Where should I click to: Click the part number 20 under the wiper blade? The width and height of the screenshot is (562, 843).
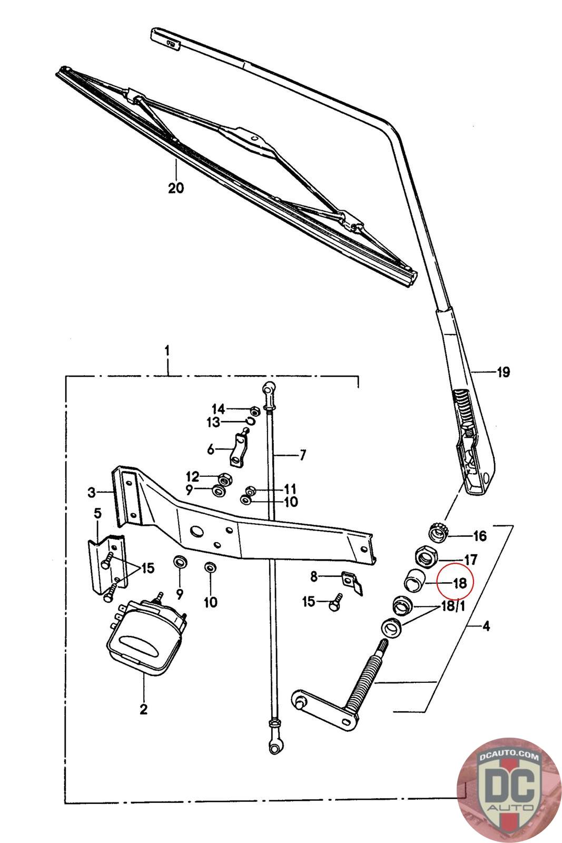point(176,188)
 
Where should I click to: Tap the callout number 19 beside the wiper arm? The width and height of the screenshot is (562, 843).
point(504,372)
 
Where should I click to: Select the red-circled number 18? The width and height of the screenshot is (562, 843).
point(460,583)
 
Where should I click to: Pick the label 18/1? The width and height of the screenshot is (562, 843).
point(453,606)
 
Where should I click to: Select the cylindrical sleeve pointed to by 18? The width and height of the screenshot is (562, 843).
point(414,580)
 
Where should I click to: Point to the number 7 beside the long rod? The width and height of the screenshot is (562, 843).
point(303,455)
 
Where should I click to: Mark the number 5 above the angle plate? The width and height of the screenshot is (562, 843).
point(97,513)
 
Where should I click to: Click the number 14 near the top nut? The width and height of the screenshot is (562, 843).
point(218,409)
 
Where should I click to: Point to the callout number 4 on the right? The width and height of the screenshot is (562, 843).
point(486,626)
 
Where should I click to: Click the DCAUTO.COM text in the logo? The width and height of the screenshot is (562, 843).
point(509,756)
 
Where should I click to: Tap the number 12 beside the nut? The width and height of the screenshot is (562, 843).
point(193,477)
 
